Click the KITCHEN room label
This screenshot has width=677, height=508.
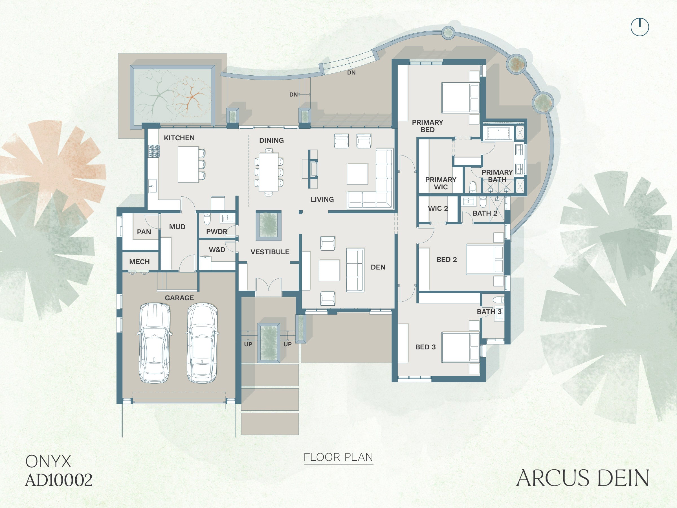(179, 138)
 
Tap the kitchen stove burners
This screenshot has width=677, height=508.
(154, 151)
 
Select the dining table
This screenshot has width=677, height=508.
(269, 172)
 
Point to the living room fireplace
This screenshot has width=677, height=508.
(313, 169)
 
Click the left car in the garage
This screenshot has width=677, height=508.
(155, 343)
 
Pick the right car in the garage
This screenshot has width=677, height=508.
(202, 343)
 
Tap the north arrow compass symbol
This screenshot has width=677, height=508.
(640, 27)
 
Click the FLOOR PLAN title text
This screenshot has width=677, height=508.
(338, 457)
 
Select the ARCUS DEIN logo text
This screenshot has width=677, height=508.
(583, 478)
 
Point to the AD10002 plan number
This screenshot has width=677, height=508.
(59, 480)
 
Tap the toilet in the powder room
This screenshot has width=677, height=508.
(207, 219)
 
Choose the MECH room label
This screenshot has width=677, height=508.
(139, 262)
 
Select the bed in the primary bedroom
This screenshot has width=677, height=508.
(460, 98)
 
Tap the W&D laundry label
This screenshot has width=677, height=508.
(217, 249)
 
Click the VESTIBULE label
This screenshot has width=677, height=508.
(270, 252)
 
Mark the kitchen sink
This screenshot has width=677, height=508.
(152, 186)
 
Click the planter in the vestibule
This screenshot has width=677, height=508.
(269, 225)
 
